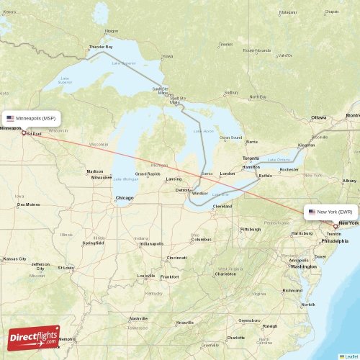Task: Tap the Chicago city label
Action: coord(124,198)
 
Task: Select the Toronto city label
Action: coord(251,158)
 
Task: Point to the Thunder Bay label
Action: coord(101,47)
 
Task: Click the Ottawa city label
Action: coord(318,117)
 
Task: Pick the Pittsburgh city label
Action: coord(251,229)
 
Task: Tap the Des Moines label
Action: coord(30,205)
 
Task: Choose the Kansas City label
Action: coord(14,258)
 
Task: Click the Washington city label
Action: coord(303,266)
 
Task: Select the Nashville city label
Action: coord(139,318)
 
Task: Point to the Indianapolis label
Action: coord(152,243)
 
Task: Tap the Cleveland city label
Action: coord(222,206)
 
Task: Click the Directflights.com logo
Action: coord(34,337)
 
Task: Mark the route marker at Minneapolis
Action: coord(24,132)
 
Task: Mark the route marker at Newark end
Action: coord(336,226)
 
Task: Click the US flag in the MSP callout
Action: coord(11,117)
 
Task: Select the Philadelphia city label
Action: coord(335,241)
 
